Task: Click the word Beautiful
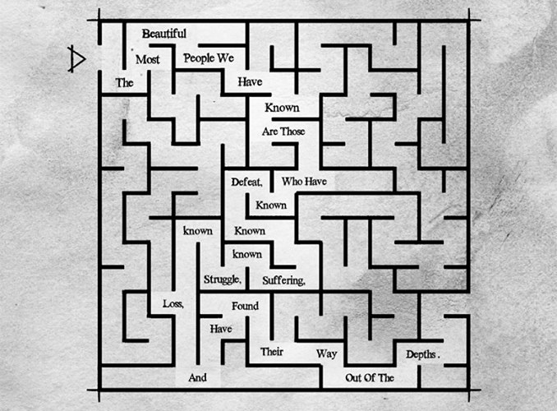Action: tap(163, 34)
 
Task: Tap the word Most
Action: tap(148, 59)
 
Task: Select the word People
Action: tap(199, 58)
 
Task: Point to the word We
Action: tap(226, 58)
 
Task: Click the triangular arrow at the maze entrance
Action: tap(76, 59)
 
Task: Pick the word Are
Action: tap(269, 132)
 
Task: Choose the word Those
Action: tap(292, 132)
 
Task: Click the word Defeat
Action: tap(247, 182)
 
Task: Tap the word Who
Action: tap(291, 182)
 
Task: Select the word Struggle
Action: tap(223, 279)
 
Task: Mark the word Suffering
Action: tap(283, 280)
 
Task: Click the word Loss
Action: tap(173, 303)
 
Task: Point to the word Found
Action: tap(245, 306)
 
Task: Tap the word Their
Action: tap(272, 352)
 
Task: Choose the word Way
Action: tap(326, 353)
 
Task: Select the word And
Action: tap(197, 377)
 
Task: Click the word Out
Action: tap(354, 377)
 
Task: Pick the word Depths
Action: tap(421, 354)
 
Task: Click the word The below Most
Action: tap(124, 83)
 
